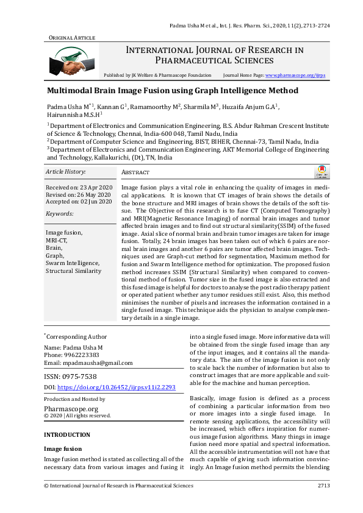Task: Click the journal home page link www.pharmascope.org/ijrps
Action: pos(296,75)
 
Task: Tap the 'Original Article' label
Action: pos(72,38)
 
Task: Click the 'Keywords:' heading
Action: pos(60,214)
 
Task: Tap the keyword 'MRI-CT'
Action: pos(57,240)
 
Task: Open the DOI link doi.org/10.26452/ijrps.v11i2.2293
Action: pos(117,387)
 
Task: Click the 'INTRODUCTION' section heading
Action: pos(67,435)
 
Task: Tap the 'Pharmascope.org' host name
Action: pos(71,409)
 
